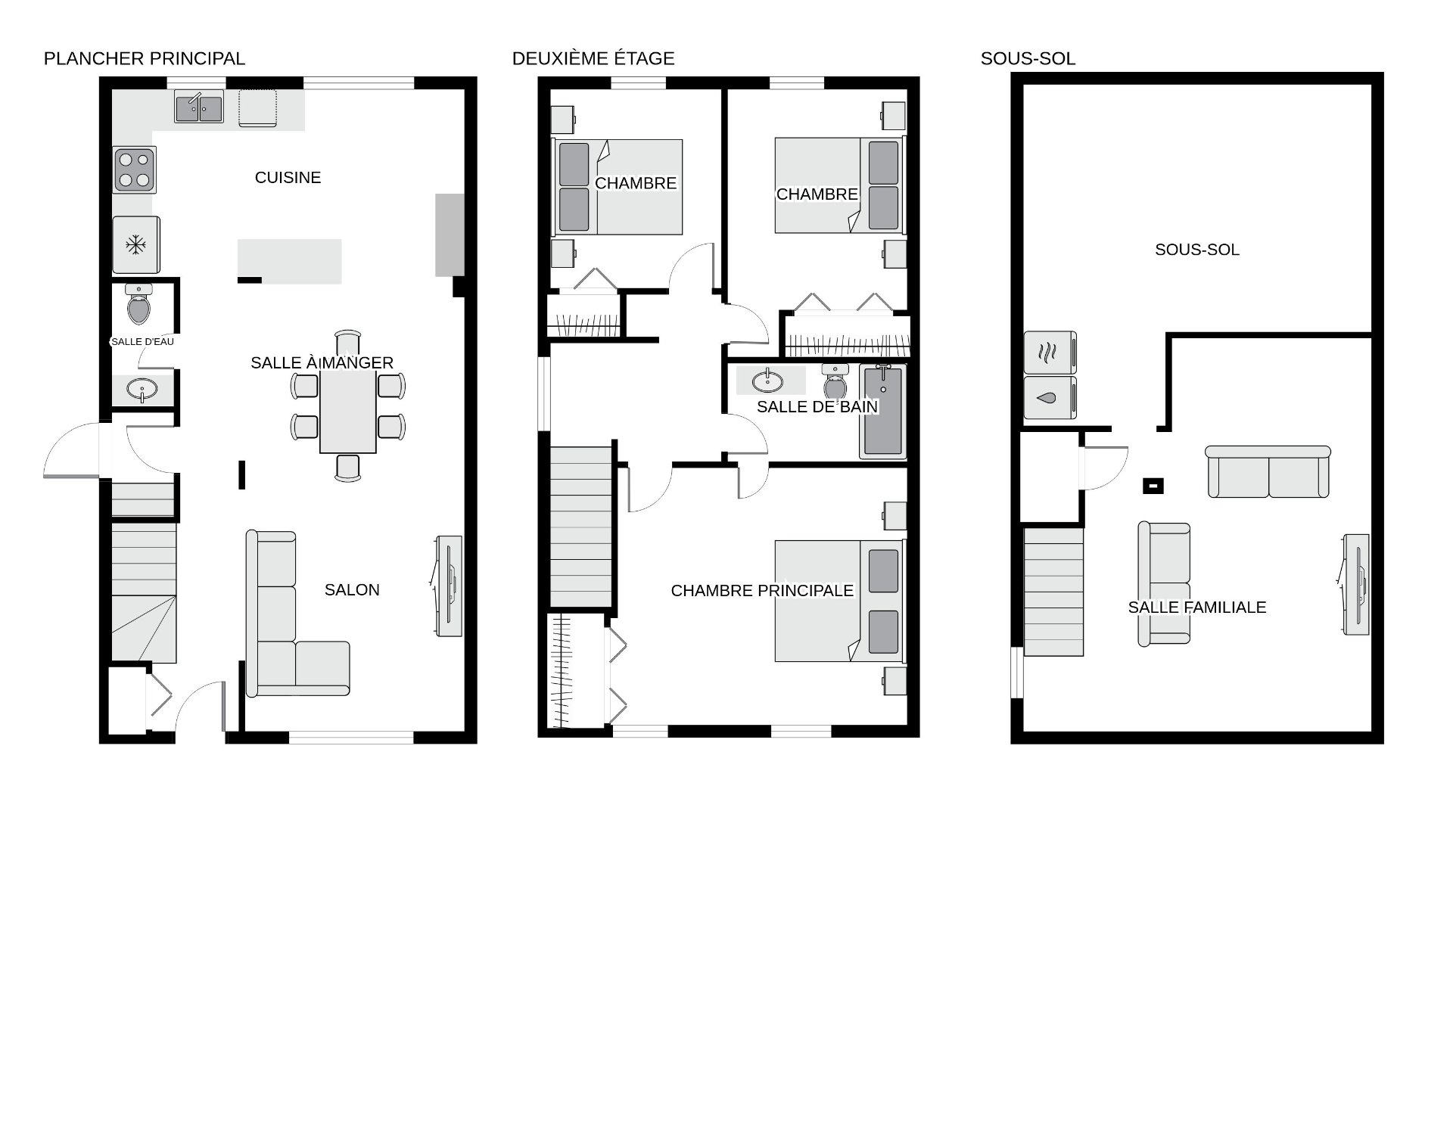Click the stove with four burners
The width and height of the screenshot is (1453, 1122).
coord(135,169)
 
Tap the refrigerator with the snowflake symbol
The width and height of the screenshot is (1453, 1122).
coord(135,244)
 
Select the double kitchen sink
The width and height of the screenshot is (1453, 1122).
coord(199,107)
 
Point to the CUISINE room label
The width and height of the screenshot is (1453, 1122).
coord(288,178)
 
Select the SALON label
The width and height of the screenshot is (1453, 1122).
coord(352,590)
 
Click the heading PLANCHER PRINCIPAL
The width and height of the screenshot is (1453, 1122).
coord(145,59)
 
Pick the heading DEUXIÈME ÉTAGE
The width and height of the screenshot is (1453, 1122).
coord(593,59)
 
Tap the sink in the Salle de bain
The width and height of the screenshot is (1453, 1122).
coord(767,381)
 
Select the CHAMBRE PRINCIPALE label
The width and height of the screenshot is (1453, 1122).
coord(762,591)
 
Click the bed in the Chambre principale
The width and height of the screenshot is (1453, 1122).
coord(839,601)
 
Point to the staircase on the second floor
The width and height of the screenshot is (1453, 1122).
coord(580,527)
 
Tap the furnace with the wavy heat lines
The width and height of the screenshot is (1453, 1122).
coord(1050,352)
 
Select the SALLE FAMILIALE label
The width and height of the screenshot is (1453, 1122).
coord(1196,608)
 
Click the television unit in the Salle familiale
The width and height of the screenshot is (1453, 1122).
coord(1355,584)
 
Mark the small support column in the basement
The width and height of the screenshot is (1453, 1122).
coord(1153,486)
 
